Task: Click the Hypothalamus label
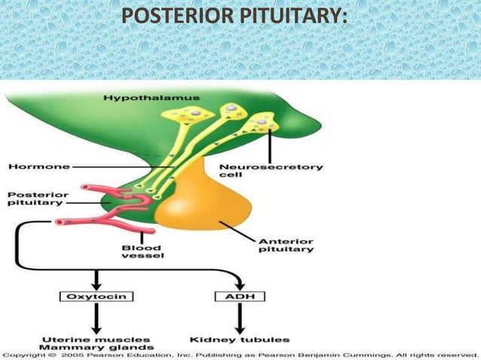152,98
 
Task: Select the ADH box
240,297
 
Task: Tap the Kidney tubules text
237,339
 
